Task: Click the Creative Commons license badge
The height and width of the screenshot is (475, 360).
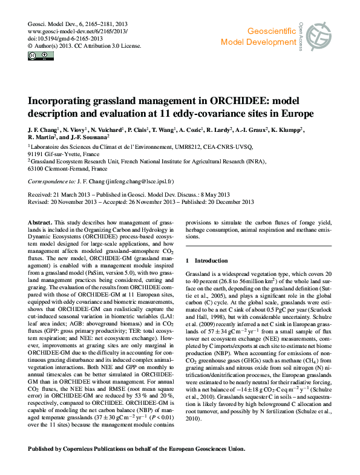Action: pyautogui.click(x=36, y=56)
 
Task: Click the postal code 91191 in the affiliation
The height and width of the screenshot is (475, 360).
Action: pyautogui.click(x=38, y=154)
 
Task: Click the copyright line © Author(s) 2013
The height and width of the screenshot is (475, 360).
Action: pyautogui.click(x=51, y=44)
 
